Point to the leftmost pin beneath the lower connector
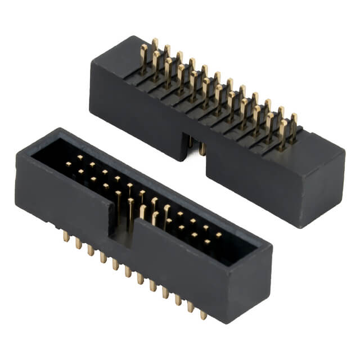click(66, 237)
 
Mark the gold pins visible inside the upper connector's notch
click(195, 145)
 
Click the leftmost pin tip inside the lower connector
click(69, 164)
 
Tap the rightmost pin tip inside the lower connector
click(219, 235)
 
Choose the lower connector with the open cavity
click(141, 225)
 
